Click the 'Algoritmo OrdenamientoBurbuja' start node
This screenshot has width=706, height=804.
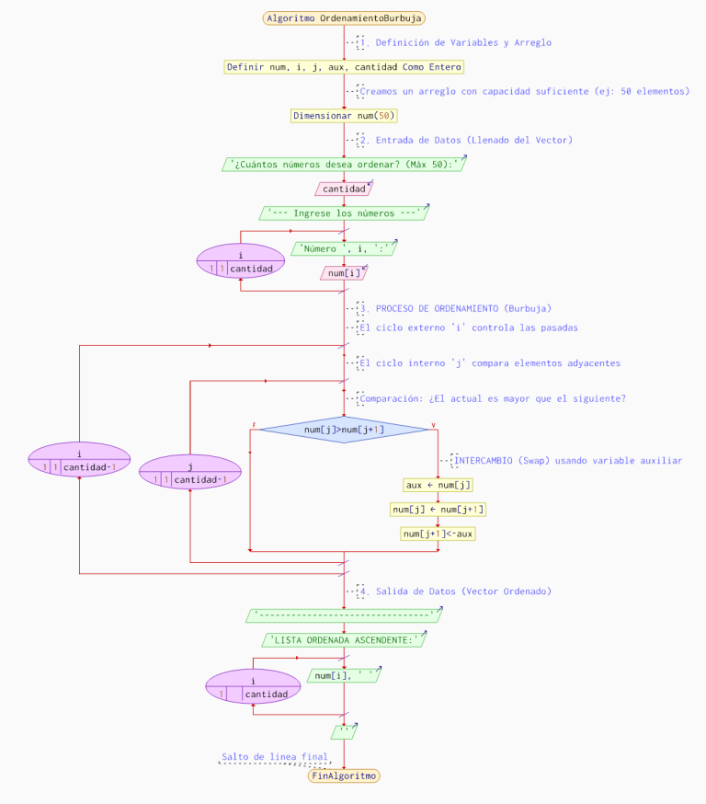point(344,18)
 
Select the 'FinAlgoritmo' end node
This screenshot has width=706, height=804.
point(344,775)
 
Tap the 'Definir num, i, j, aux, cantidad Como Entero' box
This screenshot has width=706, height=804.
point(344,66)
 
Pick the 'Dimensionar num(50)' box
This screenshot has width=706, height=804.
point(344,116)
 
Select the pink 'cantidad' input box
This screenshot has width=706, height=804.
point(344,189)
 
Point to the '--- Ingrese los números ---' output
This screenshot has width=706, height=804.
point(344,213)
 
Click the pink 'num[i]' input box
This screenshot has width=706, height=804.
point(344,273)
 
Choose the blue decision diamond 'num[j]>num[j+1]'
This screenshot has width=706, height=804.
point(344,429)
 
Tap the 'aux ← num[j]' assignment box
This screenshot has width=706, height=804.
point(438,485)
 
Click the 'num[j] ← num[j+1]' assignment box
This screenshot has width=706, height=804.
point(438,509)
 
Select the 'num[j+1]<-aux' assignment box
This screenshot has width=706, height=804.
point(438,534)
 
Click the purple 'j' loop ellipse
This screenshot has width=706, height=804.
point(189,473)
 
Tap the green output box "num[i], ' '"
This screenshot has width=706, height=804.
point(344,676)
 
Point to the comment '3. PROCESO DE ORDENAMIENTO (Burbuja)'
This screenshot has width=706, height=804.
point(463,308)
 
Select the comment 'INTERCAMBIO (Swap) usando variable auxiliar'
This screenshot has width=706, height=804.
point(568,460)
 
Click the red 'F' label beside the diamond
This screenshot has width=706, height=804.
point(254,424)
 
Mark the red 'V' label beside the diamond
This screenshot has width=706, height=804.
point(434,424)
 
